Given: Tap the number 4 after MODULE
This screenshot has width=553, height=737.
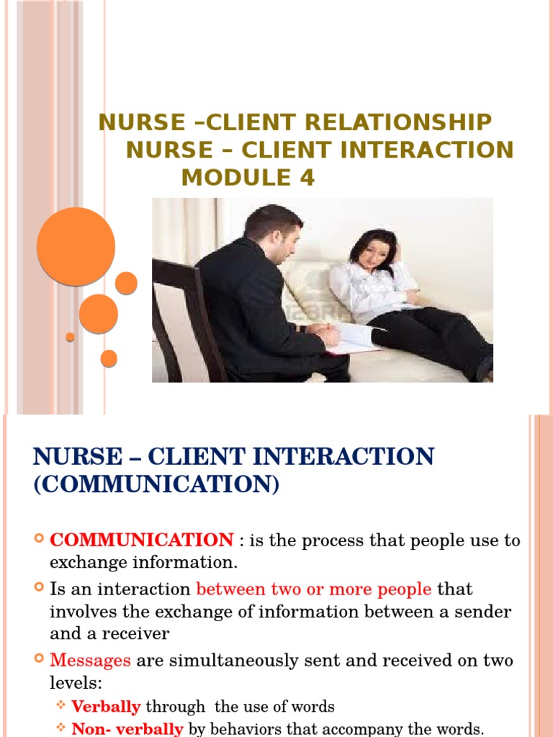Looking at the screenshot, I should pyautogui.click(x=307, y=177).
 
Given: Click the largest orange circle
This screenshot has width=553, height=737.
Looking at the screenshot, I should pyautogui.click(x=76, y=246).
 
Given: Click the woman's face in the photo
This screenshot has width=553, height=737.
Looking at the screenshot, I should pyautogui.click(x=374, y=253).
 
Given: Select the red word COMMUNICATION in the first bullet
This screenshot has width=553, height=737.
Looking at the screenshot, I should pyautogui.click(x=141, y=540).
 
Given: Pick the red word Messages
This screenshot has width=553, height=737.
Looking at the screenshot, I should pyautogui.click(x=90, y=660).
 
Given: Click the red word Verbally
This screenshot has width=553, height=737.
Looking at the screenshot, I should pyautogui.click(x=106, y=707).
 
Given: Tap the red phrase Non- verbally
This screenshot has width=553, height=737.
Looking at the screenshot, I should pyautogui.click(x=127, y=729).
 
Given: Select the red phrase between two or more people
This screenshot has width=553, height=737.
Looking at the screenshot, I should pyautogui.click(x=314, y=589).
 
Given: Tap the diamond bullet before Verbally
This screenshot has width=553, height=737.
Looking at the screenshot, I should pyautogui.click(x=61, y=706).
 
